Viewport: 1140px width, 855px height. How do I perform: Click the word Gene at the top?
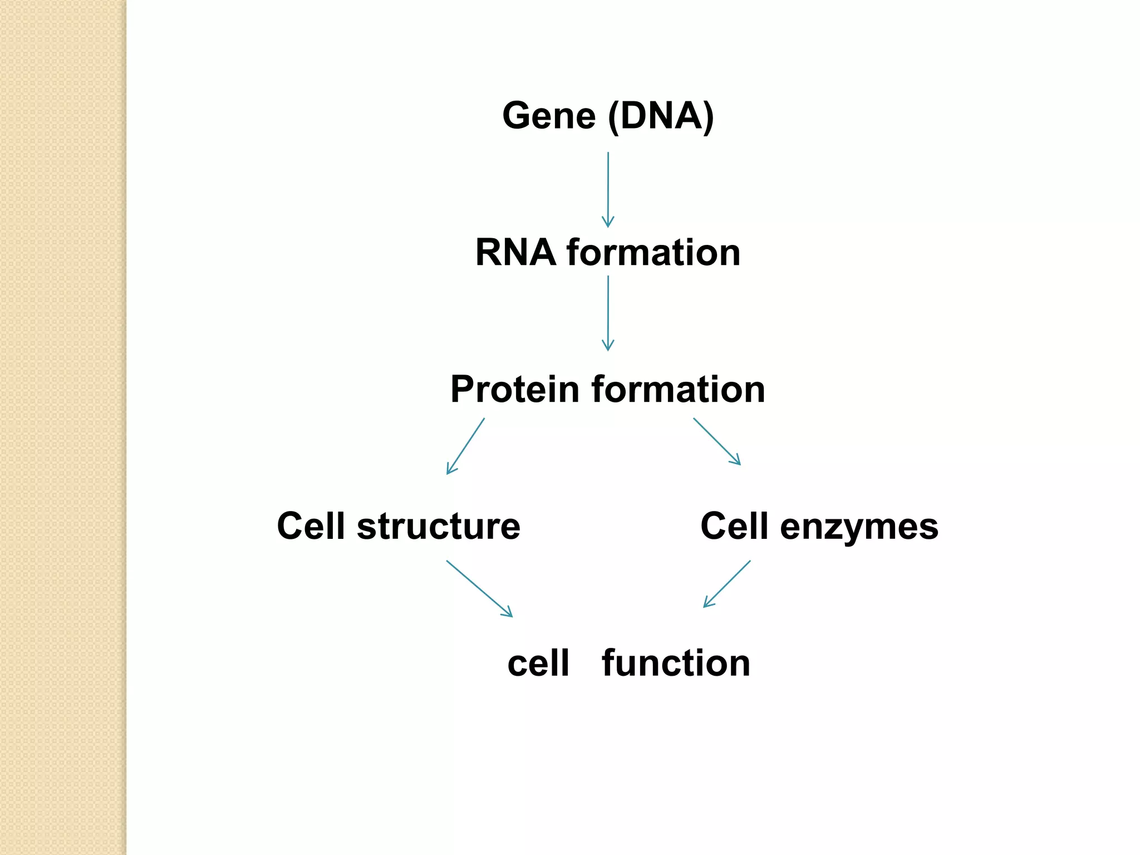pyautogui.click(x=549, y=116)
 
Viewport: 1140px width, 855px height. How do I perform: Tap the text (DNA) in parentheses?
pyautogui.click(x=661, y=116)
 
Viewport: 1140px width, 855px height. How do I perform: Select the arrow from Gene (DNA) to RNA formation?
pyautogui.click(x=608, y=189)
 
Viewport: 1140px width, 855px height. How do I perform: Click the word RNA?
pyautogui.click(x=515, y=253)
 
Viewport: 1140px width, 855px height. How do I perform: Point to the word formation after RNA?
pyautogui.click(x=653, y=253)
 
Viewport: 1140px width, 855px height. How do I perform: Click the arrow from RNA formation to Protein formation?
pyautogui.click(x=608, y=313)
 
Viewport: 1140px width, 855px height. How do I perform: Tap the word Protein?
pyautogui.click(x=515, y=389)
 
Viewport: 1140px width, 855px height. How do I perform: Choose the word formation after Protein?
pyautogui.click(x=678, y=389)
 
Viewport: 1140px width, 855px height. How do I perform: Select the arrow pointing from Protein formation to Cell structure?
pyautogui.click(x=466, y=446)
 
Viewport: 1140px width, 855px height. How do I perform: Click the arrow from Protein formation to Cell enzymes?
pyautogui.click(x=717, y=441)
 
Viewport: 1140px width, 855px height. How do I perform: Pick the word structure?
pyautogui.click(x=438, y=526)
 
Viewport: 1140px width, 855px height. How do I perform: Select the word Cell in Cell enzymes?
pyautogui.click(x=734, y=526)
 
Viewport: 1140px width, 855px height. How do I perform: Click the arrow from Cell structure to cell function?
pyautogui.click(x=479, y=588)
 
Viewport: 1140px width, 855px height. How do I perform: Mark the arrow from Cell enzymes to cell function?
pyautogui.click(x=727, y=584)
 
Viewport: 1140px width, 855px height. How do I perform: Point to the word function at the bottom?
pyautogui.click(x=676, y=663)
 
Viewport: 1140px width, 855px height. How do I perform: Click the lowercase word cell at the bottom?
pyautogui.click(x=538, y=663)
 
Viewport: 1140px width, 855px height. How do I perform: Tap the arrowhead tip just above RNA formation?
pyautogui.click(x=608, y=226)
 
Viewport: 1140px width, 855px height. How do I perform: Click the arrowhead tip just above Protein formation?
pyautogui.click(x=608, y=350)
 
